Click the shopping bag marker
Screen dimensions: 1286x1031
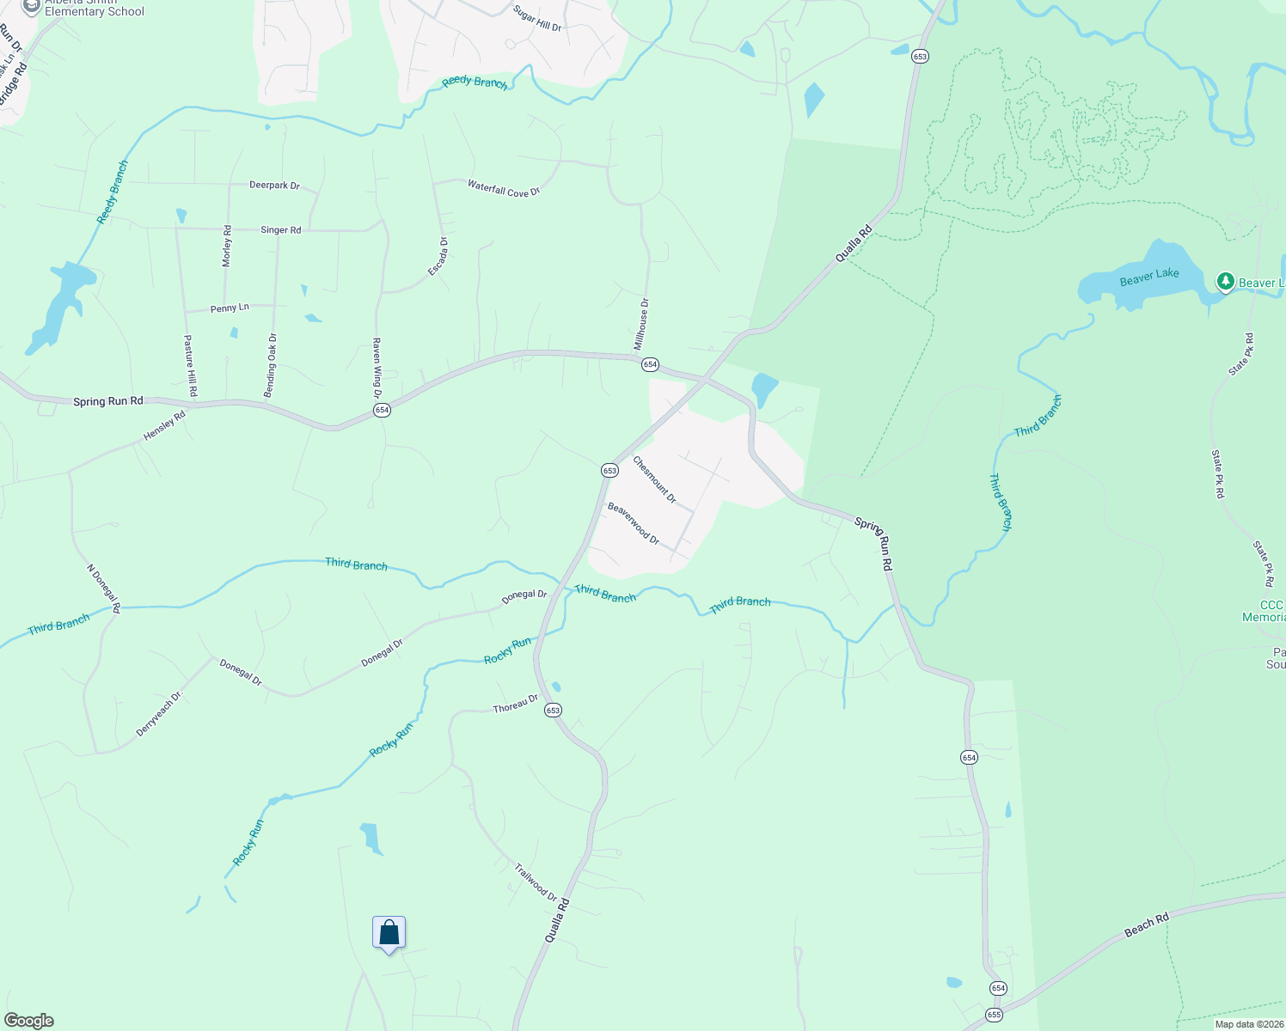389,933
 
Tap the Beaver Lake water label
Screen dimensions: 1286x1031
1148,276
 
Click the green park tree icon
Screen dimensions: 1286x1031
1225,281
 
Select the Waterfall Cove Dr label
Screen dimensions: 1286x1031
503,188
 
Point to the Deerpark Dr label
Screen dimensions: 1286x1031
274,185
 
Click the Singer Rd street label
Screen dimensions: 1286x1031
280,230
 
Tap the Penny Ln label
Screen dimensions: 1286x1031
230,308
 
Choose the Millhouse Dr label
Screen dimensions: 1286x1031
641,324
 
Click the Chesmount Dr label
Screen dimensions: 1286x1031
654,479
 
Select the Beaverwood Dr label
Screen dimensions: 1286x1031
633,523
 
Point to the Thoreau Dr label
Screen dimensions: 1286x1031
515,705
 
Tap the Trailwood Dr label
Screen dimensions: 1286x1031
536,882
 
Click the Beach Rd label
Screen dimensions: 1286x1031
1147,925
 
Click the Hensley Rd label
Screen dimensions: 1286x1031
164,426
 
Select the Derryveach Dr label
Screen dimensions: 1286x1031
160,714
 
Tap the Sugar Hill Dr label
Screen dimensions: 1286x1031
536,19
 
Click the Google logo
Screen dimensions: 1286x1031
28,1021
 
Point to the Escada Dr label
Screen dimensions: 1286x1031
438,257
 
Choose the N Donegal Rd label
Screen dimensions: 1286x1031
104,588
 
